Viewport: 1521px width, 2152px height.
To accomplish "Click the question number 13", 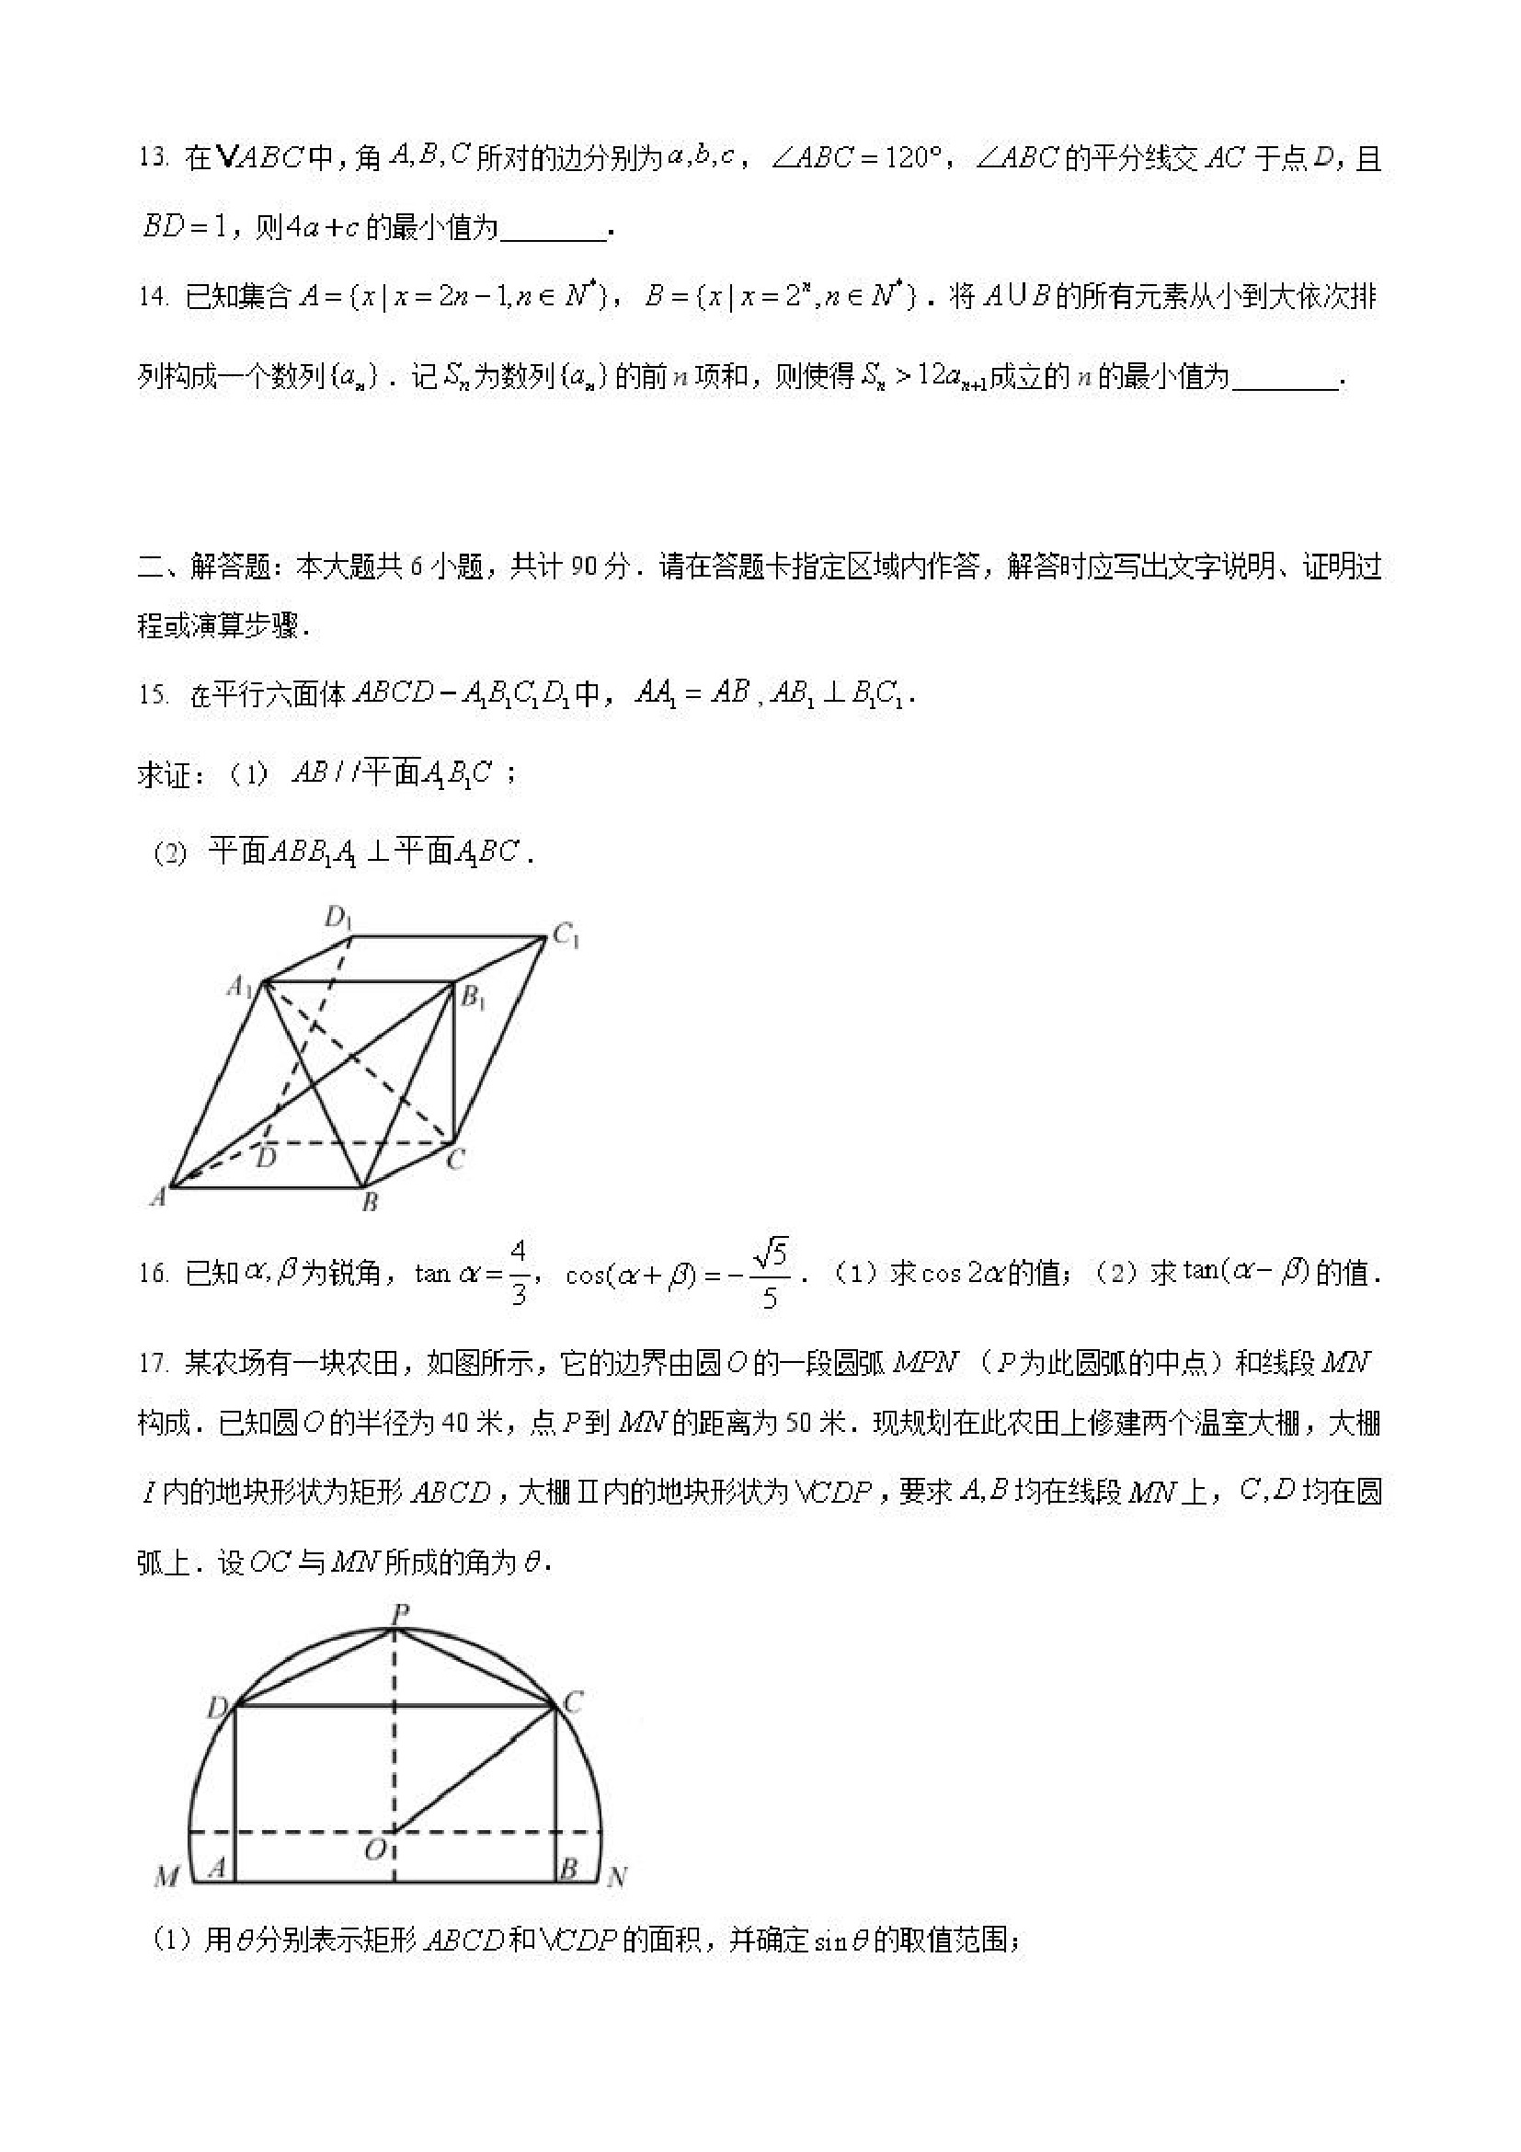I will coord(152,158).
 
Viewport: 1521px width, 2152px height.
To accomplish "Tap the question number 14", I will coord(152,298).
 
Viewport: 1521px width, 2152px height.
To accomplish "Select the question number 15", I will coord(152,695).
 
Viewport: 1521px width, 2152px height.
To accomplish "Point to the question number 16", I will coord(152,1275).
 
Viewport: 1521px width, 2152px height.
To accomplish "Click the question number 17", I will coord(152,1364).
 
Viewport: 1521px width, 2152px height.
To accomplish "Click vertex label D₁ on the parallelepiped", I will coord(337,918).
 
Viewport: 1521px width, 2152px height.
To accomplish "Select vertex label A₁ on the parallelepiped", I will coord(240,986).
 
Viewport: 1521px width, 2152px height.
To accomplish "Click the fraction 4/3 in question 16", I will coord(519,1274).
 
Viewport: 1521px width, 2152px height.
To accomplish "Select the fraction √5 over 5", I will coord(771,1274).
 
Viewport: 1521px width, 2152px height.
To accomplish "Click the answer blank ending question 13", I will coord(554,231).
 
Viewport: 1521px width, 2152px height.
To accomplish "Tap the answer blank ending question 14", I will coord(1286,379).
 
